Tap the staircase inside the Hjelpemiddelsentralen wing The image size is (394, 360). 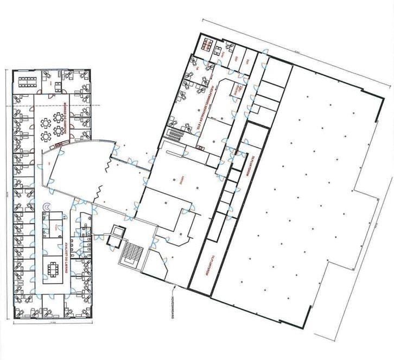(176, 132)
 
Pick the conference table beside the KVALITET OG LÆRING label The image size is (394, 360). (53, 269)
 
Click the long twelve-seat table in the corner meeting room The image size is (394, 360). (26, 82)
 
